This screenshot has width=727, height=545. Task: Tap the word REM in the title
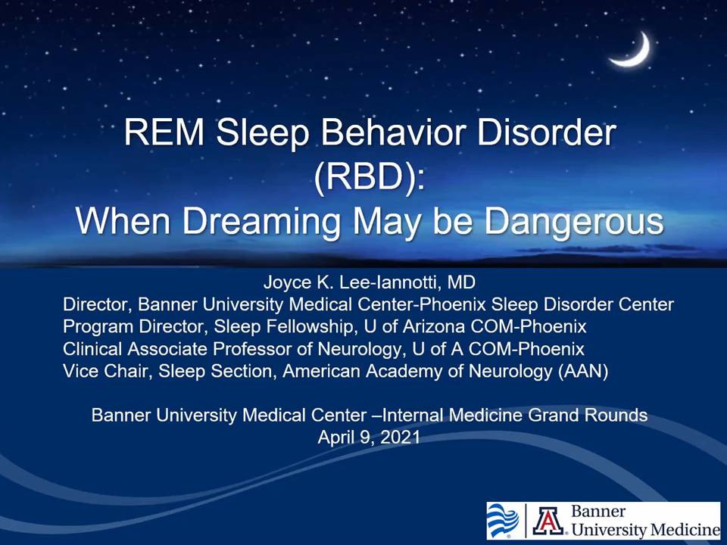[164, 132]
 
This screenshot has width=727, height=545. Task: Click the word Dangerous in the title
[574, 222]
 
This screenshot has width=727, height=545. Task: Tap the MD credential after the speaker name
[461, 282]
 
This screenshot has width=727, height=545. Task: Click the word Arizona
[433, 327]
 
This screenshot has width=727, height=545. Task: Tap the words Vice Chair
[108, 371]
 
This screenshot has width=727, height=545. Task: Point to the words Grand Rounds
[588, 415]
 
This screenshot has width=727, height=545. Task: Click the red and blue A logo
[548, 521]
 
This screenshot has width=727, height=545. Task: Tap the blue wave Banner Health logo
[503, 521]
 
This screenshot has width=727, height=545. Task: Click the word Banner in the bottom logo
[598, 511]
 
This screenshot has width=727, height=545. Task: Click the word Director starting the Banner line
[98, 305]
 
